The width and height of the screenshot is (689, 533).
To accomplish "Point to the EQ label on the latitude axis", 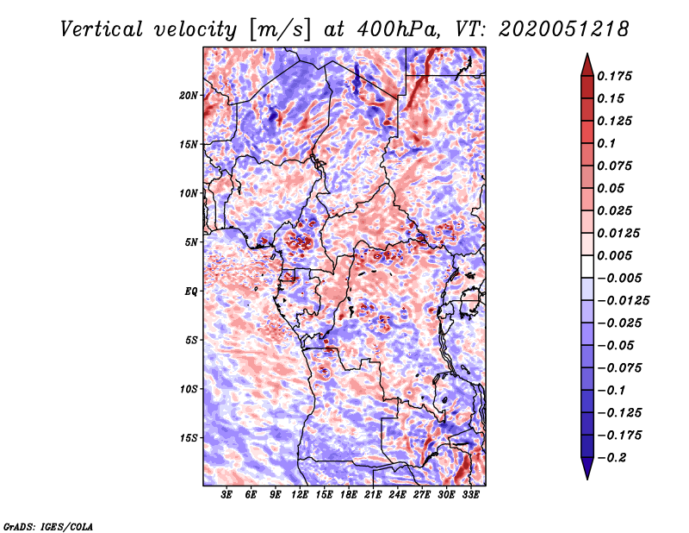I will (192, 291).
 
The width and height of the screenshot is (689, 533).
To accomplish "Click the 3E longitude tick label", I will (227, 494).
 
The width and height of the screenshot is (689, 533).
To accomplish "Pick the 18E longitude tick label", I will (349, 494).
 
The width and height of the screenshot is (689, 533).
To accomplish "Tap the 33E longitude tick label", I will (470, 494).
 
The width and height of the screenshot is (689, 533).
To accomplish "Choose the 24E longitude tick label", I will (397, 494).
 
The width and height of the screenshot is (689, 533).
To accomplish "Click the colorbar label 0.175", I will (616, 76).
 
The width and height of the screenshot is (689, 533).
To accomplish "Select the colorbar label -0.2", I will (613, 457).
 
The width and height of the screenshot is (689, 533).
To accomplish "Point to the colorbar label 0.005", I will (616, 255).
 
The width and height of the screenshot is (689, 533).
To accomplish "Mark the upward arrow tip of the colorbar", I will (586, 56).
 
